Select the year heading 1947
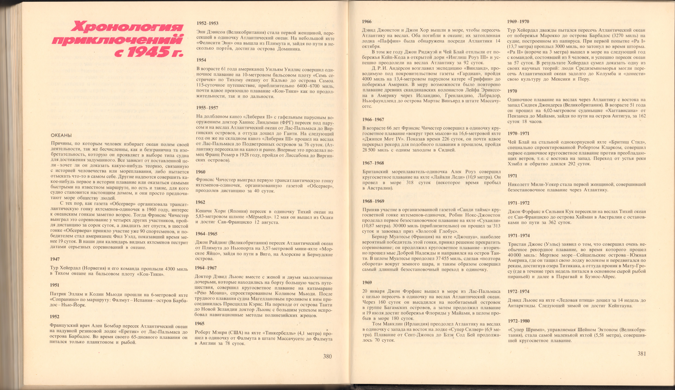(x=55, y=259)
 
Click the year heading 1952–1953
(x=208, y=23)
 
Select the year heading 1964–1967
(x=206, y=268)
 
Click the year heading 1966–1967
(x=373, y=120)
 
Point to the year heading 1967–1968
(x=373, y=163)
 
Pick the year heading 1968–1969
(x=373, y=201)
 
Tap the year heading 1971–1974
(x=519, y=236)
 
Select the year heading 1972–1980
(x=519, y=321)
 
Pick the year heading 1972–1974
(x=519, y=291)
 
